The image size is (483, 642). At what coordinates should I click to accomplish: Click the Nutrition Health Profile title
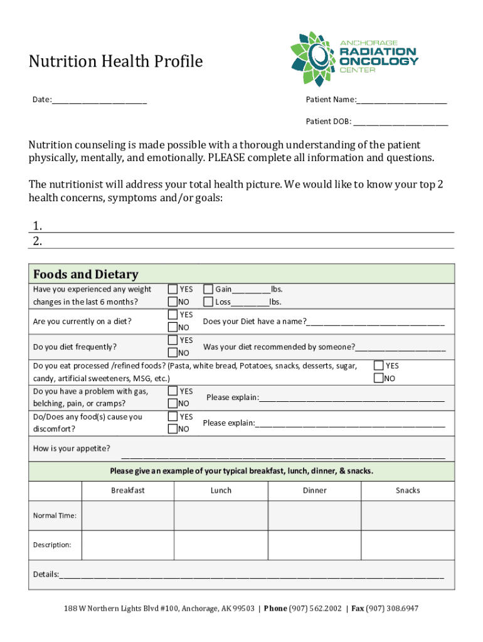coord(115,61)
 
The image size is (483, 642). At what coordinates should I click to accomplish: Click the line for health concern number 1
coord(248,226)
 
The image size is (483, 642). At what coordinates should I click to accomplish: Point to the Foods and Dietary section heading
coord(85,274)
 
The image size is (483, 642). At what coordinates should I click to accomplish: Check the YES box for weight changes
coord(172,290)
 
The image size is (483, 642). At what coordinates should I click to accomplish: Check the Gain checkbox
coord(208,290)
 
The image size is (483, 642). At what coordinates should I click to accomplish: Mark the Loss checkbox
coord(208,302)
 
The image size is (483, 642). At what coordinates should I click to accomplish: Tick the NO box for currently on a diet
coord(172,327)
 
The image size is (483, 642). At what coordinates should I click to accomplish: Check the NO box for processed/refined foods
coord(378,378)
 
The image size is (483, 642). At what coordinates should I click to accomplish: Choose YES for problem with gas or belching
coord(172,391)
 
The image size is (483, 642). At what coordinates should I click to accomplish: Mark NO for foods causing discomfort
coord(172,429)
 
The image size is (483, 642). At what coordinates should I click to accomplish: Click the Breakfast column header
coord(128,490)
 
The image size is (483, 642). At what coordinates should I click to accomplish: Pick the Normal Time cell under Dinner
coord(314,515)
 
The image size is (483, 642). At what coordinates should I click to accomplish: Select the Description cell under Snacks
coord(408,545)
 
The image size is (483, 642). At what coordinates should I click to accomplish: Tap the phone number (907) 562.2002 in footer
coord(316,609)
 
